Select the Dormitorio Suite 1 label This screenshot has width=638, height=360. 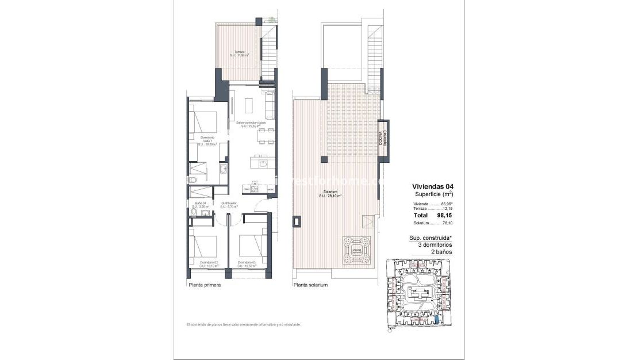point(207,141)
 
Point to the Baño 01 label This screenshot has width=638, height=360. point(200,205)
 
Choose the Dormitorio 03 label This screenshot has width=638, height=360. point(249,264)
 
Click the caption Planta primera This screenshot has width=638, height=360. point(205,285)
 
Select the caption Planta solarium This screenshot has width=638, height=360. point(310,285)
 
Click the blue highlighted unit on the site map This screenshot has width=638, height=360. point(439,320)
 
